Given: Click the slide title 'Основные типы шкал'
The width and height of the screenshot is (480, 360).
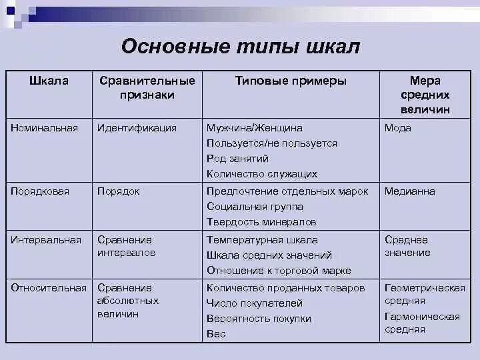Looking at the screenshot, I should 241,46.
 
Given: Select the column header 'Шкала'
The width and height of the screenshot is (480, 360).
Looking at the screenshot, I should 49,81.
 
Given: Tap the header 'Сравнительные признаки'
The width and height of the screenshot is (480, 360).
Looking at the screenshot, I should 147,88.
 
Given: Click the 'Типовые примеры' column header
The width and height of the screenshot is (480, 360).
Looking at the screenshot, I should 291,81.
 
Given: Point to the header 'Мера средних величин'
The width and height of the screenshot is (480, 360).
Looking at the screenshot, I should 425,95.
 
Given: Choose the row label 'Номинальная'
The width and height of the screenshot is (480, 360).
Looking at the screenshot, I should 44,127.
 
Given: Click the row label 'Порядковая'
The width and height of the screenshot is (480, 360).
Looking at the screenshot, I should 40,191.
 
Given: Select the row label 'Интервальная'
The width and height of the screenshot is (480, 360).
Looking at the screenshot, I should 46,240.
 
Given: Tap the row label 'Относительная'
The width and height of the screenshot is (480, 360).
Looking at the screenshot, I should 49,288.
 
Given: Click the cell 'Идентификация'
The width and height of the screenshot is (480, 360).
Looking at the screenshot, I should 137,127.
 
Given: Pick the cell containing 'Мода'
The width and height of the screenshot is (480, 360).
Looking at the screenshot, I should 398,127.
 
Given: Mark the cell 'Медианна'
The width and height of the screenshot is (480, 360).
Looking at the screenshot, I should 409,191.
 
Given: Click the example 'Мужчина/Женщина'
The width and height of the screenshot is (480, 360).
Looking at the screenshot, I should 255,127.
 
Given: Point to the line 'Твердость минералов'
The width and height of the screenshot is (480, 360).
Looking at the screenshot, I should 261,222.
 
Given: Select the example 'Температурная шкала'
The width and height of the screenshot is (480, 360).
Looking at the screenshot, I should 262,240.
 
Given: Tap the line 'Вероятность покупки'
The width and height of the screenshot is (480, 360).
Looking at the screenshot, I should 259,319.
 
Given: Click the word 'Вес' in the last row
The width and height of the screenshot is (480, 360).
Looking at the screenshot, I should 216,334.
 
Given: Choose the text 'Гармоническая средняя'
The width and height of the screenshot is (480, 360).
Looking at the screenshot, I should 422,323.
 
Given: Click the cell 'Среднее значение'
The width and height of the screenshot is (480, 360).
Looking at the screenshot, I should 407,246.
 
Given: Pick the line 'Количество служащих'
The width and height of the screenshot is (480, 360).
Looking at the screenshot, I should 262,174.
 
